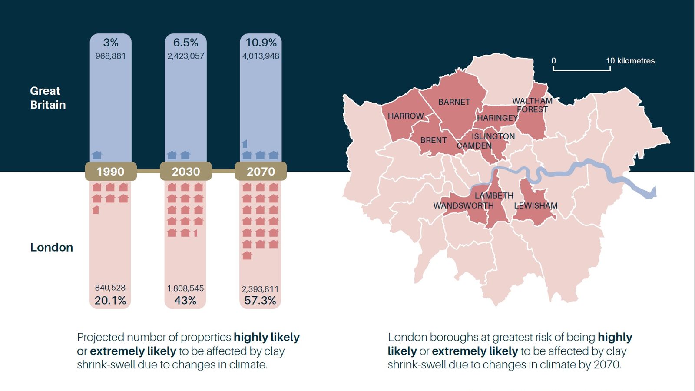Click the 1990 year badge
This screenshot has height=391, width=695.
point(110,171)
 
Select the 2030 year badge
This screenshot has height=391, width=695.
point(185,171)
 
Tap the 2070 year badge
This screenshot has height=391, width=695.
point(261,171)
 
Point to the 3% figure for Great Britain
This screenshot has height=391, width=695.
point(110,43)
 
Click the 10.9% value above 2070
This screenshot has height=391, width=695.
point(261,43)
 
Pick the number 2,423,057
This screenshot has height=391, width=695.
point(185,56)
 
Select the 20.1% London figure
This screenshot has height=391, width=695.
point(110,300)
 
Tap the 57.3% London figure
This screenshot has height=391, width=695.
point(260,300)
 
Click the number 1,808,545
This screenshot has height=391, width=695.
point(185,288)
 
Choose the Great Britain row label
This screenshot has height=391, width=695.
point(48,98)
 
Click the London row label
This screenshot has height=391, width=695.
point(51,247)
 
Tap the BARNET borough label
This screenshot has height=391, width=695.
point(454,102)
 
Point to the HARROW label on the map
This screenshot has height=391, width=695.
point(405,116)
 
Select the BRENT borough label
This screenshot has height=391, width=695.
point(433,140)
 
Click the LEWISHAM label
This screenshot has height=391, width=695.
point(536,205)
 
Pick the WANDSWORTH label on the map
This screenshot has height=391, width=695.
point(463,205)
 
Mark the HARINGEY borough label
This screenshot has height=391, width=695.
point(497,118)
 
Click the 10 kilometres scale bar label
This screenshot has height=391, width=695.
point(630,61)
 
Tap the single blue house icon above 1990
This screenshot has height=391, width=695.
point(97,155)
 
